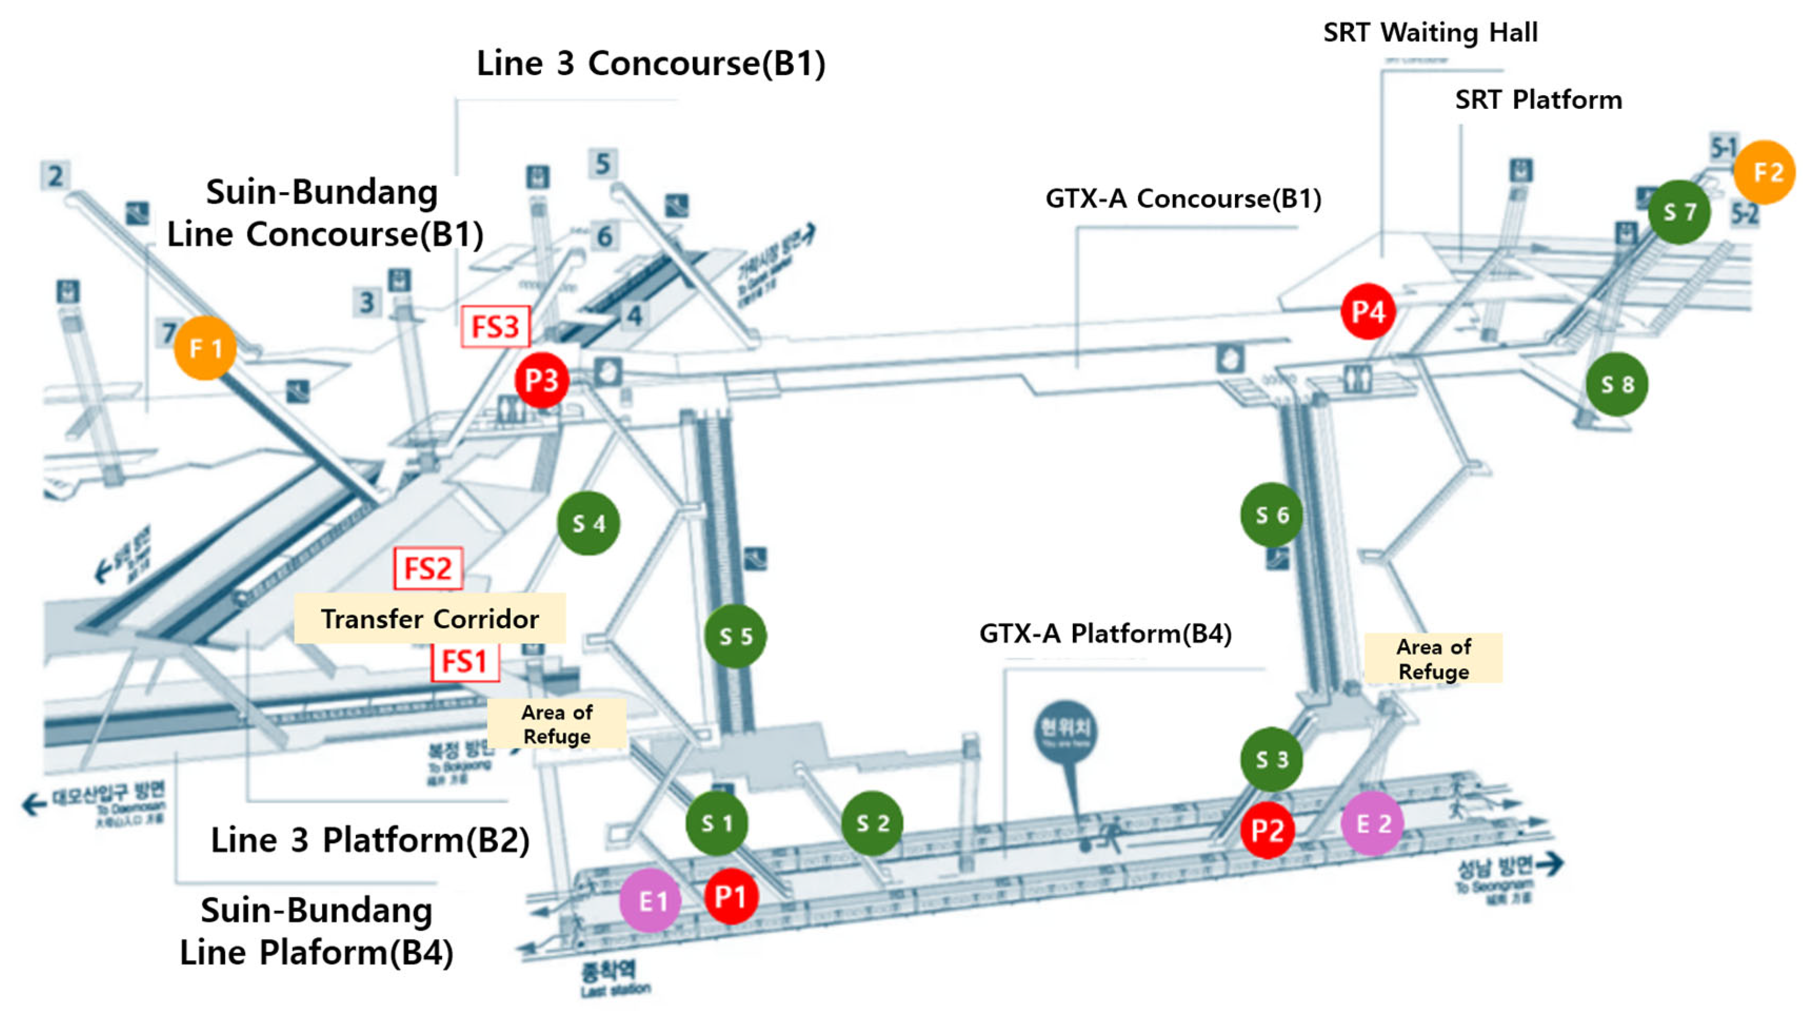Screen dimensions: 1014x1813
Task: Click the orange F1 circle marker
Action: pyautogui.click(x=205, y=348)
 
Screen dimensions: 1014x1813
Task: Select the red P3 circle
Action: pyautogui.click(x=541, y=380)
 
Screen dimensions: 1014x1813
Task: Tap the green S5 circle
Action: pyautogui.click(x=735, y=636)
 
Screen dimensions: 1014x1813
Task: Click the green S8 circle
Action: pyautogui.click(x=1617, y=384)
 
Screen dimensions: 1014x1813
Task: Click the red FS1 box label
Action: pyautogui.click(x=464, y=661)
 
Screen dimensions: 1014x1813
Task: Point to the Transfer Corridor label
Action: pyautogui.click(x=430, y=618)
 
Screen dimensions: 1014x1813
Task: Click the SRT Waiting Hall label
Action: pyautogui.click(x=1430, y=33)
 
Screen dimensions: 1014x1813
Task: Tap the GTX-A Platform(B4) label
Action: pyautogui.click(x=1105, y=634)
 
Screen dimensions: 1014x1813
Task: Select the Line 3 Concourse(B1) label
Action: pyautogui.click(x=650, y=63)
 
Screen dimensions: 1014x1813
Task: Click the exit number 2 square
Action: pyautogui.click(x=56, y=175)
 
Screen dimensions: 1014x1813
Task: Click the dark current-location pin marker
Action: pyautogui.click(x=1066, y=732)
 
